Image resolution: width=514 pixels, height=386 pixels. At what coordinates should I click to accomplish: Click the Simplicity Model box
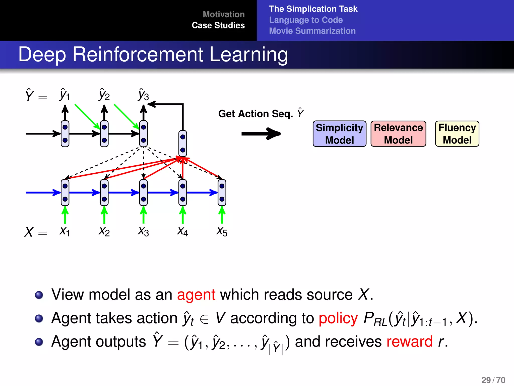pos(339,134)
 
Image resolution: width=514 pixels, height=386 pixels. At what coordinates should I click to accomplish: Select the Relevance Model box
pos(398,134)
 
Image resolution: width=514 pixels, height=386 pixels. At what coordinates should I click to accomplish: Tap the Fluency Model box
pos(457,134)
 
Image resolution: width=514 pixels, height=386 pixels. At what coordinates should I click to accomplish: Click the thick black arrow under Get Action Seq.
pos(261,134)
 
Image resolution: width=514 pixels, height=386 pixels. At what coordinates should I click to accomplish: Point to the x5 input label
pos(222,231)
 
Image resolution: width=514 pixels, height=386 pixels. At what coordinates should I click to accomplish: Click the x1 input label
pos(65,231)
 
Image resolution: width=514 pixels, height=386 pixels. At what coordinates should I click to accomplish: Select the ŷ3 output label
pos(143,95)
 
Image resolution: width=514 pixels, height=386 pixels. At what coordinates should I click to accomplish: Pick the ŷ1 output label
pos(65,95)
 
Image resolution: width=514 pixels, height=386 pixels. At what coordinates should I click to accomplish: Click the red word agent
pos(196,295)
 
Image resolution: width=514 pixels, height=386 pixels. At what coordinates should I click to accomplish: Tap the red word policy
pos(338,318)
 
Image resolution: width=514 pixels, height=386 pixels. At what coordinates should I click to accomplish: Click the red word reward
pos(409,342)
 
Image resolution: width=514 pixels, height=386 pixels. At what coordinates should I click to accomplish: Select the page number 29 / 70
pos(493,380)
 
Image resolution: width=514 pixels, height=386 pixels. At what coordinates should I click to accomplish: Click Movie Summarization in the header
pos(312,31)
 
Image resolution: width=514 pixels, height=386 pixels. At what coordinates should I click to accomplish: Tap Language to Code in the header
pos(306,20)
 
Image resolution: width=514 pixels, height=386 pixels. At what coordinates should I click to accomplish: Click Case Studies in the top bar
pos(218,25)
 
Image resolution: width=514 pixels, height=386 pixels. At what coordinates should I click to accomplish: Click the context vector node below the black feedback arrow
pos(183,143)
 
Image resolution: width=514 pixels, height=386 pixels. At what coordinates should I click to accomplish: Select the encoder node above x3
pos(143,192)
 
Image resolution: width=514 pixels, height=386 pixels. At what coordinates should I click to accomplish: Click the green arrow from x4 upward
pos(183,215)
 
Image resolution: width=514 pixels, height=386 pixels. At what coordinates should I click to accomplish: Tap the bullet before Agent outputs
pos(39,342)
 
